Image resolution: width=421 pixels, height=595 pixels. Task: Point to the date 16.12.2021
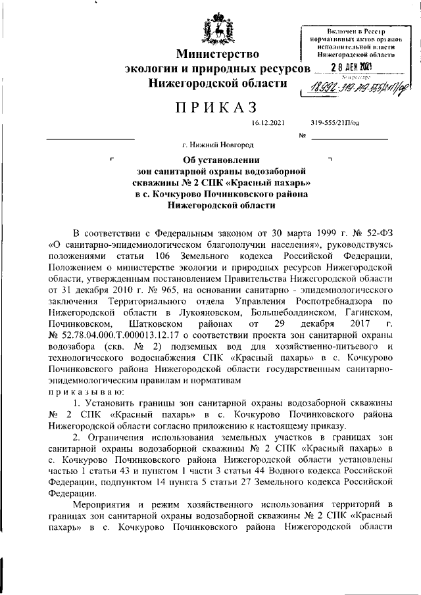click(265, 123)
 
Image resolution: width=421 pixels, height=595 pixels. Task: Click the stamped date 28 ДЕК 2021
click(351, 67)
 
